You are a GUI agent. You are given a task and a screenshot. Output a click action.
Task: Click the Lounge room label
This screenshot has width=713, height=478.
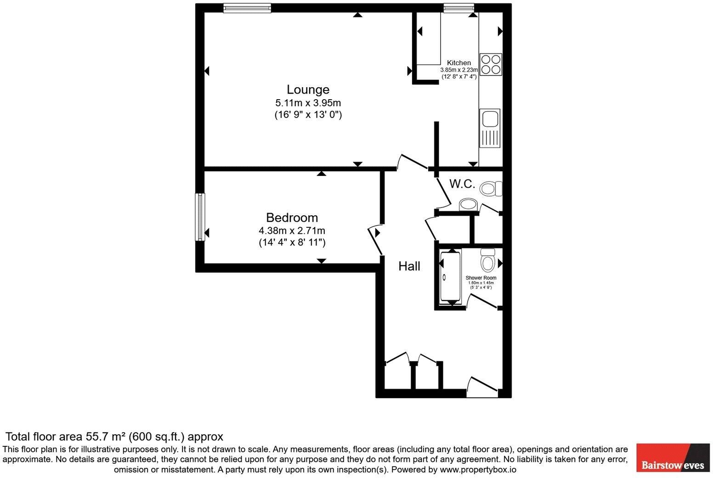click(308, 90)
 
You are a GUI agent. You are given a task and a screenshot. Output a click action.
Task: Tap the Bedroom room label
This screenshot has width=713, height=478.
click(292, 218)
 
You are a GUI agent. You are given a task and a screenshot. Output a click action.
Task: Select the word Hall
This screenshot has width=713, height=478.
click(409, 266)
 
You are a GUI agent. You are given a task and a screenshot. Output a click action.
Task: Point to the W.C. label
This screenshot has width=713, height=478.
click(462, 184)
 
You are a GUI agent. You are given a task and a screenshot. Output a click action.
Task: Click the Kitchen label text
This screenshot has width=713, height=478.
click(458, 63)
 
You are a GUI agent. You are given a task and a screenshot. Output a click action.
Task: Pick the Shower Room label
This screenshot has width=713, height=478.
click(481, 278)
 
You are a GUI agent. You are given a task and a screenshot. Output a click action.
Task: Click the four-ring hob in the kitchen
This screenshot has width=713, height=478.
click(491, 65)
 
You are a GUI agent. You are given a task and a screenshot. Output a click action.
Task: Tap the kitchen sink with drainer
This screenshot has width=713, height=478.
click(490, 128)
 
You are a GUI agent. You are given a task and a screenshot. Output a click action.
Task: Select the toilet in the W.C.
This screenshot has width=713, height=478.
click(491, 189)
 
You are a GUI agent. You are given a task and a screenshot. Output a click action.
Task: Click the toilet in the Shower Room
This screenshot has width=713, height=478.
click(487, 260)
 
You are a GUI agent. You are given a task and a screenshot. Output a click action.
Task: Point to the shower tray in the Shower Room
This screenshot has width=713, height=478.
click(450, 276)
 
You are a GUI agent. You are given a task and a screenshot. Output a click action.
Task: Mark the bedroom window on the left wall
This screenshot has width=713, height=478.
click(200, 217)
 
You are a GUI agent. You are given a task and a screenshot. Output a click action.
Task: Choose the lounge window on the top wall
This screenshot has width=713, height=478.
click(247, 8)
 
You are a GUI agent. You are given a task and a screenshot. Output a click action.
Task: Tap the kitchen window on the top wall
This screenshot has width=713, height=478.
click(458, 8)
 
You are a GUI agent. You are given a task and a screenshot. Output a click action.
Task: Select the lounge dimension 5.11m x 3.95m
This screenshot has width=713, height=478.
click(308, 103)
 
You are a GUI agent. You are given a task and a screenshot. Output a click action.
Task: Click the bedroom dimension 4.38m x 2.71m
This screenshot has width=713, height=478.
click(292, 231)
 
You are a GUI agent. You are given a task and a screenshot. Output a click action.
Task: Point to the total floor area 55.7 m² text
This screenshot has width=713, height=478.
click(114, 436)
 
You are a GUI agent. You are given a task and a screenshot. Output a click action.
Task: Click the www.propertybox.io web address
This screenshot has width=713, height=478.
click(478, 470)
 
